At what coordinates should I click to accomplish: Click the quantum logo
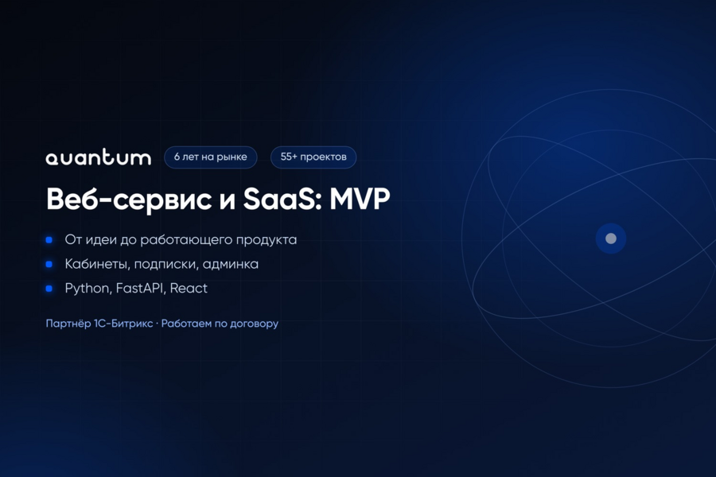pos(98,157)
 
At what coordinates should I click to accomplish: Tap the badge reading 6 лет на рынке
pos(211,157)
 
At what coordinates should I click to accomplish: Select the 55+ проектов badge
pos(313,157)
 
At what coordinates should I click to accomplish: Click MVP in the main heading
pos(360,199)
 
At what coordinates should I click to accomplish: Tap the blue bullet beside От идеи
pos(49,240)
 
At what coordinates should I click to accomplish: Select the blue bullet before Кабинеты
pos(49,264)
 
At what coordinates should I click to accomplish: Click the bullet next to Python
pos(49,289)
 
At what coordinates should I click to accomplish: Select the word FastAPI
pos(141,288)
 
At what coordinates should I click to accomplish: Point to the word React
pos(189,288)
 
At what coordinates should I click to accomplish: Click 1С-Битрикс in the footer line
pos(123,324)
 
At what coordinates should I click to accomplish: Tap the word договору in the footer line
pos(254,324)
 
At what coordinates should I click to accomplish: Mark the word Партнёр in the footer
pos(68,324)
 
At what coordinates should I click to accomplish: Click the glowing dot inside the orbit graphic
pos(611,238)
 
